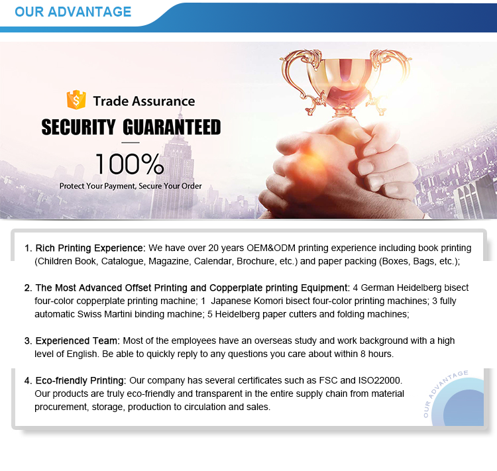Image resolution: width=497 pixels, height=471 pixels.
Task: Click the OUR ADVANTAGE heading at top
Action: click(x=73, y=12)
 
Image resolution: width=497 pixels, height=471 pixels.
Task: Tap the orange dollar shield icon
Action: click(x=76, y=100)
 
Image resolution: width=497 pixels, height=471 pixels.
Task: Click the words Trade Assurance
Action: click(x=144, y=101)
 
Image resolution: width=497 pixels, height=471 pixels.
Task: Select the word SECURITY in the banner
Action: click(x=78, y=127)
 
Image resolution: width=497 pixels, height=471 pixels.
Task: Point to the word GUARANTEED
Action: click(x=172, y=127)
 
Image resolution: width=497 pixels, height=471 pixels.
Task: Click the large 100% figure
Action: click(x=130, y=164)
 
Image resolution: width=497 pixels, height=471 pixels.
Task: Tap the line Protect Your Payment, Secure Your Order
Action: click(x=131, y=186)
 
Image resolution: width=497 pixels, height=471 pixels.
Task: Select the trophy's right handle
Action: click(x=393, y=79)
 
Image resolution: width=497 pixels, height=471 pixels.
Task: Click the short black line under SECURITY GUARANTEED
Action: click(x=131, y=142)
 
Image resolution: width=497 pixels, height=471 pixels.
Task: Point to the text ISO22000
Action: click(x=380, y=380)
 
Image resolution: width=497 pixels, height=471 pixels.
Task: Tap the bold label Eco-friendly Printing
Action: click(x=80, y=380)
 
